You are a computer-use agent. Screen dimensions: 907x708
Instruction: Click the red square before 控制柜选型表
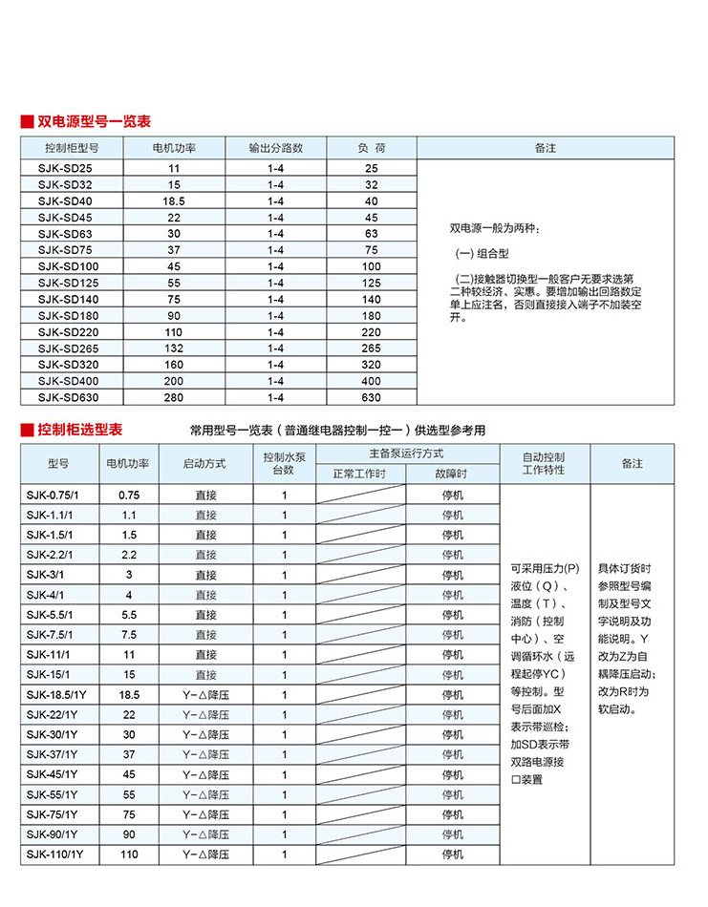[x=27, y=431]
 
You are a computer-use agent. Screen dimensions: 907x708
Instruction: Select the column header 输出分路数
[x=276, y=148]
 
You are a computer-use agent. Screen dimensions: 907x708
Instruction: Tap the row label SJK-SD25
[x=66, y=168]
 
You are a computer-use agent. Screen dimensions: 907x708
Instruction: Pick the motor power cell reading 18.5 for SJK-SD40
[x=174, y=201]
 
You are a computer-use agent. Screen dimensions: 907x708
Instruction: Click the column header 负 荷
[x=372, y=148]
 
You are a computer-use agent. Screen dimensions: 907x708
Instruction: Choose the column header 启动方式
[x=204, y=463]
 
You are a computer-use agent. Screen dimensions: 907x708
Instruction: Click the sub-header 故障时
[x=452, y=474]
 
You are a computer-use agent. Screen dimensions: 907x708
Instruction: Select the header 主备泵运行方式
[x=406, y=453]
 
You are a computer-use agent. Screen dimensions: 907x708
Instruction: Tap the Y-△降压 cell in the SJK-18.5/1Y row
[x=204, y=695]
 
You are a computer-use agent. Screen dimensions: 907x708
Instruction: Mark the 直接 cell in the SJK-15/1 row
[x=205, y=675]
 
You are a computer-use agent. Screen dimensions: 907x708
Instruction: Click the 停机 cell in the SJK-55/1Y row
[x=452, y=794]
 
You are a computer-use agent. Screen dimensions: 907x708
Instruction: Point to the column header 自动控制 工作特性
[x=544, y=463]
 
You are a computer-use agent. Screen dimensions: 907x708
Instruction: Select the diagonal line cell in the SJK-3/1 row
[x=360, y=575]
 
